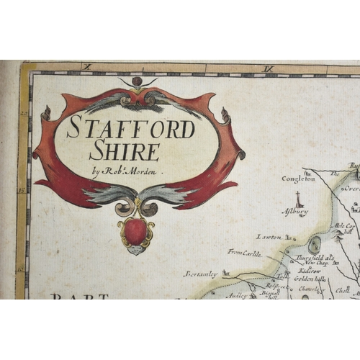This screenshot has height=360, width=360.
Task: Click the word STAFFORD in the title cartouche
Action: pos(131,129)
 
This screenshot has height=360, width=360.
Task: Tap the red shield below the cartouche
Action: pos(135,231)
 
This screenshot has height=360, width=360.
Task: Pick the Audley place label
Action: pos(236,295)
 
